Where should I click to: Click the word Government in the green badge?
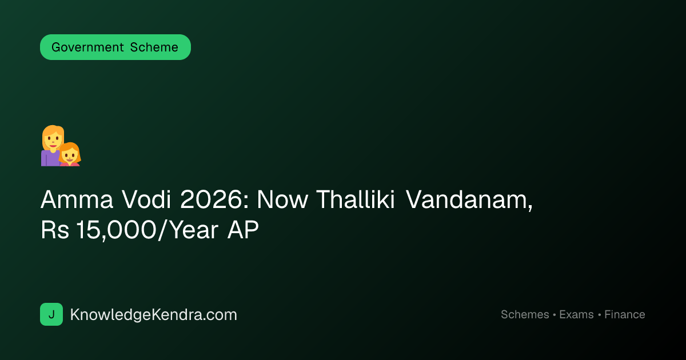click(87, 47)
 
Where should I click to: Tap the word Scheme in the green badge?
click(154, 47)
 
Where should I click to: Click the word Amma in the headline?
click(77, 199)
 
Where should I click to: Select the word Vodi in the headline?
click(146, 199)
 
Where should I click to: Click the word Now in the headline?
click(282, 199)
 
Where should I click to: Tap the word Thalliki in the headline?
click(355, 199)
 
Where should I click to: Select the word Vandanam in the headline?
click(469, 200)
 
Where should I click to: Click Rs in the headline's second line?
click(55, 230)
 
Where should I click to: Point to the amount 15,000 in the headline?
click(117, 230)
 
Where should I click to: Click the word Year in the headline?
click(194, 230)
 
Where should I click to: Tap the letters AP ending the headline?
click(243, 230)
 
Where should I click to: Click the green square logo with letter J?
click(51, 314)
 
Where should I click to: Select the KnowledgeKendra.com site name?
click(153, 315)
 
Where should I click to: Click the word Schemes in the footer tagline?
click(525, 314)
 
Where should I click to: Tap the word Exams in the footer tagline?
click(576, 314)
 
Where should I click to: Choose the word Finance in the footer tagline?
click(625, 314)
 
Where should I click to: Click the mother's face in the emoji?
click(53, 139)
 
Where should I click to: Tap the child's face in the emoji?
click(70, 155)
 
